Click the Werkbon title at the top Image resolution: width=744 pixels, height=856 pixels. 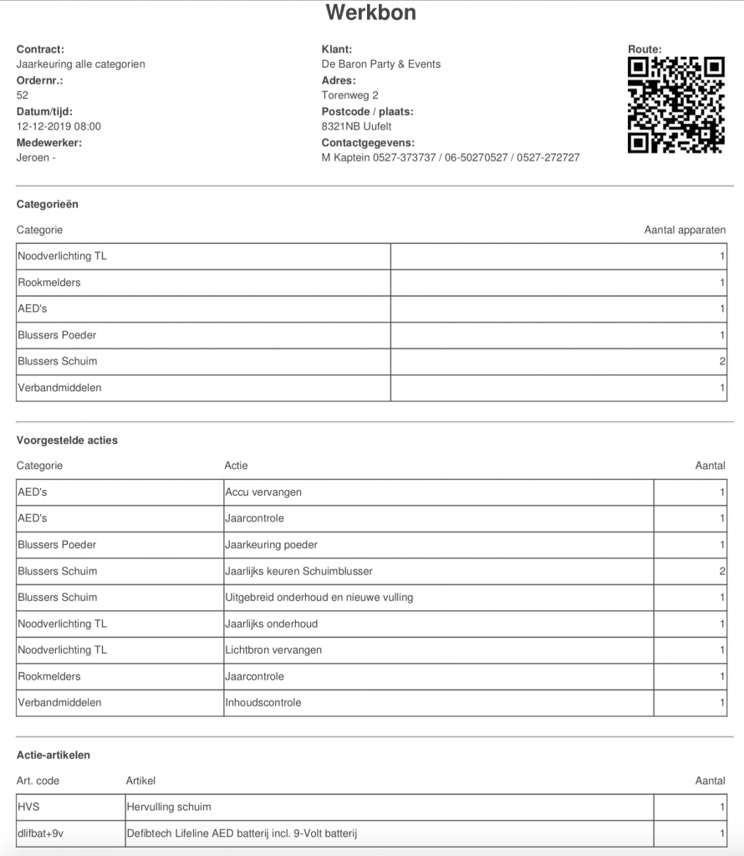[370, 13]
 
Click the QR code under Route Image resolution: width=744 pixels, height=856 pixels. [675, 104]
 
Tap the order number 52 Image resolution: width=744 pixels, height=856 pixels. [23, 95]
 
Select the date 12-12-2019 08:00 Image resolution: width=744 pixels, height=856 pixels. [59, 126]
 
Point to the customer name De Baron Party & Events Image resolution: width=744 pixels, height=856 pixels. [380, 64]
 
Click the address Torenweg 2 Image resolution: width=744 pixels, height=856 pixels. [349, 95]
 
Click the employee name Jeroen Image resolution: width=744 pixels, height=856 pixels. [34, 157]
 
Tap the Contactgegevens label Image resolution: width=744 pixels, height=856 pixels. [368, 142]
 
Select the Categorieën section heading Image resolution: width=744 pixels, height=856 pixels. [48, 203]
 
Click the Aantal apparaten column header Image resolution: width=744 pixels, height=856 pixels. [684, 230]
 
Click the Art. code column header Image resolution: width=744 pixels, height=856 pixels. [38, 781]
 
